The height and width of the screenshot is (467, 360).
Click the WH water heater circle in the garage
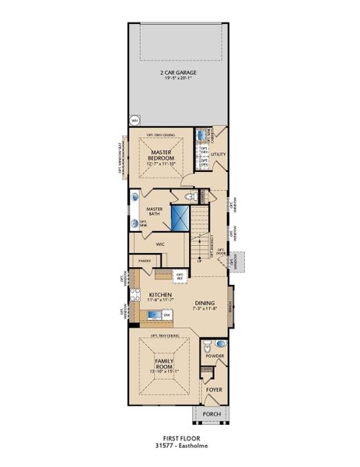(134, 121)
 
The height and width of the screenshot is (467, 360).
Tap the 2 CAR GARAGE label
(179, 75)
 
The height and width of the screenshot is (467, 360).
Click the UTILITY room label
(218, 154)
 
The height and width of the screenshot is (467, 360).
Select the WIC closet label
(160, 244)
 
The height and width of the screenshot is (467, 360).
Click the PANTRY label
(144, 261)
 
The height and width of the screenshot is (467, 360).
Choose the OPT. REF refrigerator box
(180, 276)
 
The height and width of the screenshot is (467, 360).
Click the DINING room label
(204, 303)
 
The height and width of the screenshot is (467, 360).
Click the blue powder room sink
(220, 343)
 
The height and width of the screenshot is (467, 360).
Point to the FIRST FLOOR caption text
(180, 439)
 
